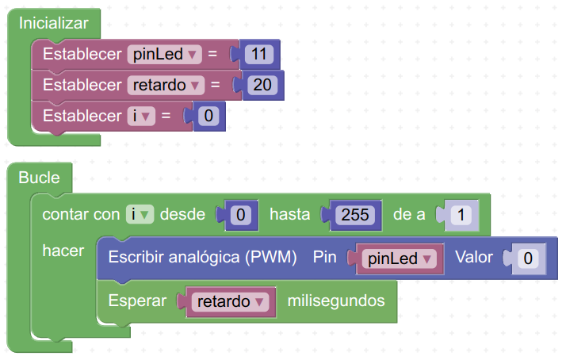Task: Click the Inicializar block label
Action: click(53, 24)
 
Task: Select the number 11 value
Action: click(258, 54)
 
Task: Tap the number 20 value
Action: click(262, 85)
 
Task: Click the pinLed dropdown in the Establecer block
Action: click(165, 54)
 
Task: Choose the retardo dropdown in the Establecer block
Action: click(166, 85)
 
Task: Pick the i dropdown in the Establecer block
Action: click(141, 116)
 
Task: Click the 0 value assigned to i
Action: click(208, 116)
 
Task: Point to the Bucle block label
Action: click(39, 178)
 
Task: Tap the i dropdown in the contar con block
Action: click(140, 214)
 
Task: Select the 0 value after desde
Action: click(241, 215)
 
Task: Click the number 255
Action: click(355, 215)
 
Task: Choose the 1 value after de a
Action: click(461, 215)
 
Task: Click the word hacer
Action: click(63, 251)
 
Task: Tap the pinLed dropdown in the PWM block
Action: click(400, 259)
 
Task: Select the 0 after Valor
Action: click(528, 259)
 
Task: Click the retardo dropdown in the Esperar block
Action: click(231, 301)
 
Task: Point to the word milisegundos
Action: click(336, 301)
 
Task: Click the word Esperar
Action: click(137, 301)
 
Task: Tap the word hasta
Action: click(290, 214)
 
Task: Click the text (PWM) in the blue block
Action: click(271, 258)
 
